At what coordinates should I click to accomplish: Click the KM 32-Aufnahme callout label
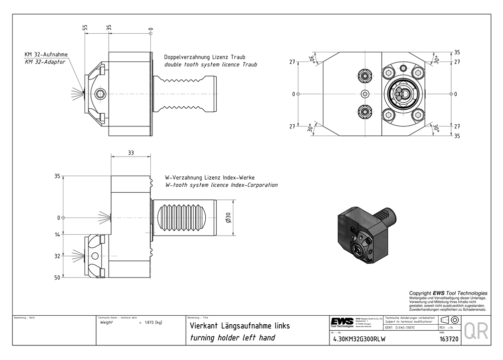click(46, 54)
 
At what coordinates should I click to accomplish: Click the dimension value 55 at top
click(86, 29)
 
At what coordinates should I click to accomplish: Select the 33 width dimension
click(131, 153)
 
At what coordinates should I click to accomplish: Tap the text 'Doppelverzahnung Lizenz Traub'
click(205, 57)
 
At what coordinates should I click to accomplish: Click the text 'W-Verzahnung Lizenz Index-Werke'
click(210, 178)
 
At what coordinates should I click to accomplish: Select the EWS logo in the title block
click(342, 322)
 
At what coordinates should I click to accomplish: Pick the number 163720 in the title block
click(449, 339)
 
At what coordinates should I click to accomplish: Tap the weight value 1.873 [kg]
click(153, 322)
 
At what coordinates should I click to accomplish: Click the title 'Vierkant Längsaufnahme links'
click(239, 326)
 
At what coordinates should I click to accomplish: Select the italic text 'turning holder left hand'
click(232, 337)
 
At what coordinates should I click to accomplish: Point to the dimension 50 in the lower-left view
click(57, 277)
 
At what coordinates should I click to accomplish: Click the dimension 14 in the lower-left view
click(57, 235)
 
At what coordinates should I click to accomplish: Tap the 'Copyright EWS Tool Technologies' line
click(448, 293)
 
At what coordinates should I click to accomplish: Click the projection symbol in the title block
click(450, 321)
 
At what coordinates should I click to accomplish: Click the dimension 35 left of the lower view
click(57, 176)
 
